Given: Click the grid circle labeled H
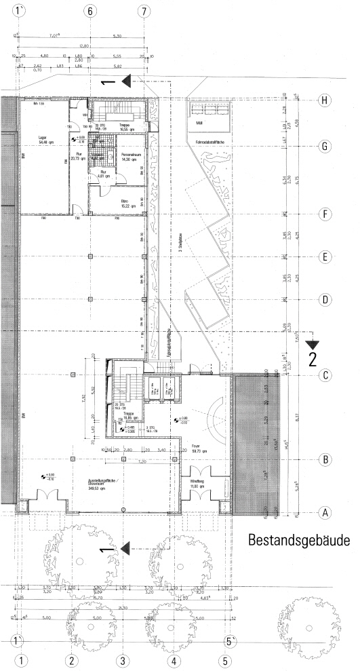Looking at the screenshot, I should tap(326, 100).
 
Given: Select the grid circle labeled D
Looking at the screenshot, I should tap(326, 299).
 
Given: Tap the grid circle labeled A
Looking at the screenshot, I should tap(326, 513).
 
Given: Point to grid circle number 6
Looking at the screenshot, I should tap(92, 12).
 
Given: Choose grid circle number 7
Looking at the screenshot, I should tap(143, 12).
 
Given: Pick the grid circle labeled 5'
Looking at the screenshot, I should tap(231, 640).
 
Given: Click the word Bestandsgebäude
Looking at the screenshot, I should tap(299, 541).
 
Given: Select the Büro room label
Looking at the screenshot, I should tap(125, 201).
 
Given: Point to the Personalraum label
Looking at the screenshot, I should tap(130, 155).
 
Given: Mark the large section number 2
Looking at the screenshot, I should tap(313, 359).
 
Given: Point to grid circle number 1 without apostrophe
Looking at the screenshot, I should tap(22, 659).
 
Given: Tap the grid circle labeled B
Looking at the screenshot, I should tap(326, 459).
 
